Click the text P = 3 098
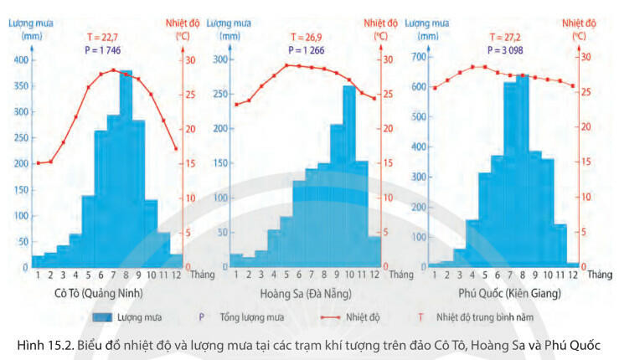point(512,51)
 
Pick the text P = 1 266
point(307,51)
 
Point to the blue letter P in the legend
point(203,318)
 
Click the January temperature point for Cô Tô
point(37,162)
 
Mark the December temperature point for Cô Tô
point(175,149)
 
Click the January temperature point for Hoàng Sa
point(235,105)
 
